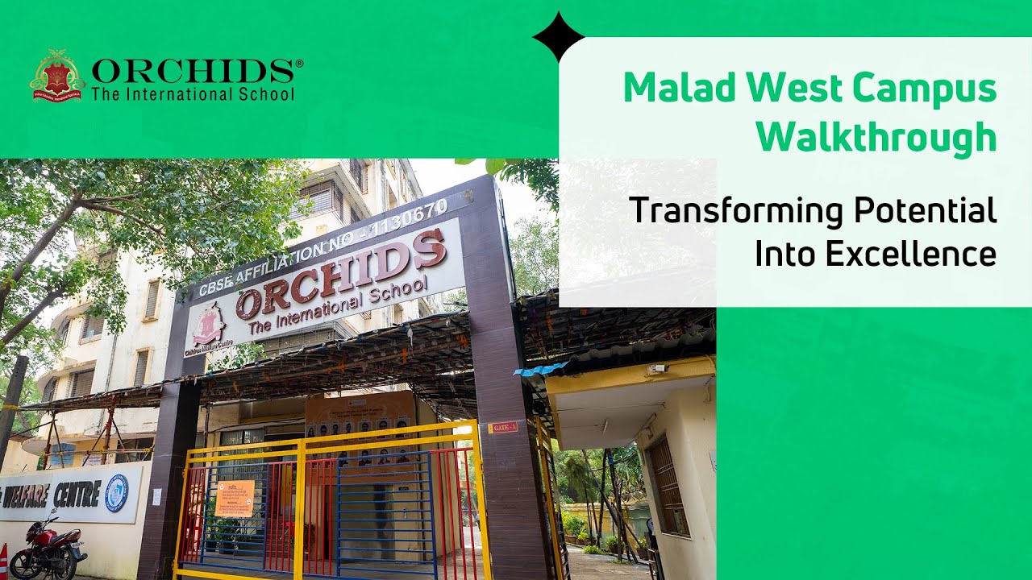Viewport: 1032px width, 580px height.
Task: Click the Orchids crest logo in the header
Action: coord(57,77)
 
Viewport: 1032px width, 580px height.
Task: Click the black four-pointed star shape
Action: coord(559,36)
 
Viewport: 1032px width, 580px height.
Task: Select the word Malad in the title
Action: coord(674,89)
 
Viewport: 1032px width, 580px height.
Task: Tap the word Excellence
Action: coord(911,254)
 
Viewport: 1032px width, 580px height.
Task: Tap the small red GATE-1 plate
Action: coord(501,427)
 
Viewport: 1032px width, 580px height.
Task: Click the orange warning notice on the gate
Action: coord(234,498)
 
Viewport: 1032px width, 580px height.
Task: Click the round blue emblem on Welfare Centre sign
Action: coord(116,492)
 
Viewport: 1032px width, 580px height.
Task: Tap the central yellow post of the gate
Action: coord(298,507)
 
